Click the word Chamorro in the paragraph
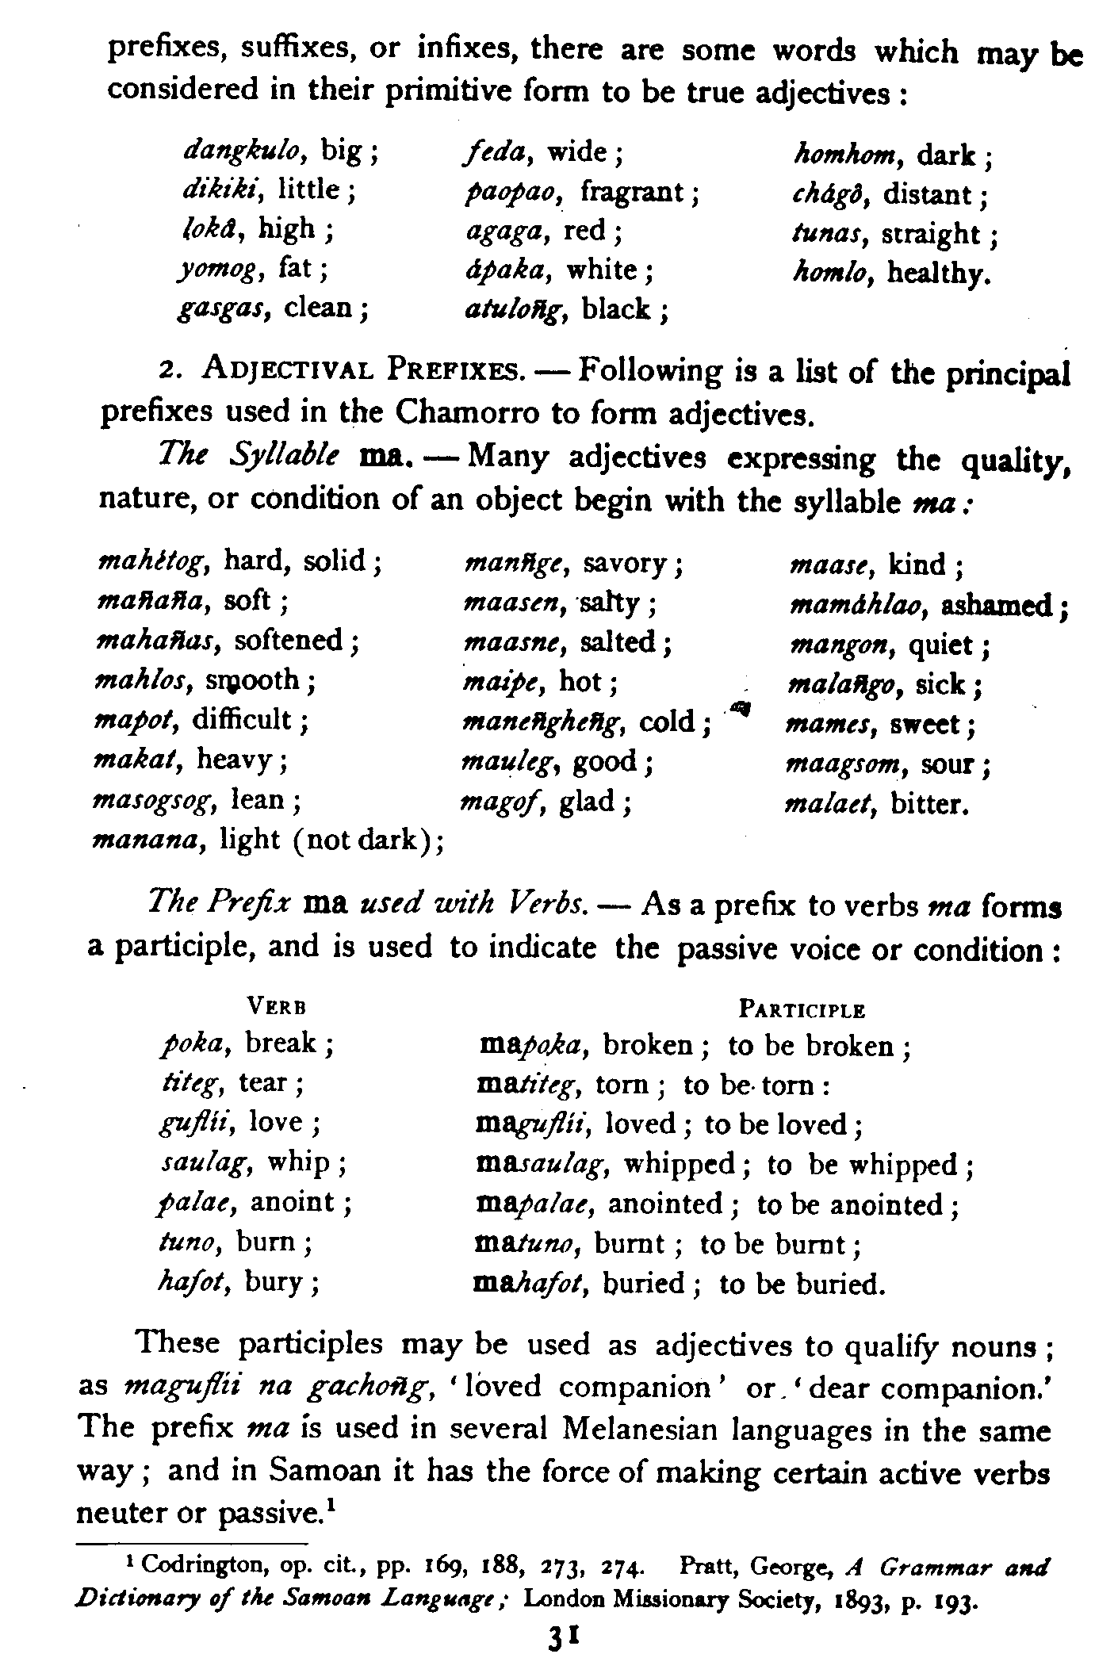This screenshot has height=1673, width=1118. click(x=460, y=412)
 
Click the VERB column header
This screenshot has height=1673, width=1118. click(x=277, y=1008)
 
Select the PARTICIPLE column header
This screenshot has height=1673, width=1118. click(x=801, y=1010)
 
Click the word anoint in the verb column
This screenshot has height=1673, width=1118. click(x=295, y=1202)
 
